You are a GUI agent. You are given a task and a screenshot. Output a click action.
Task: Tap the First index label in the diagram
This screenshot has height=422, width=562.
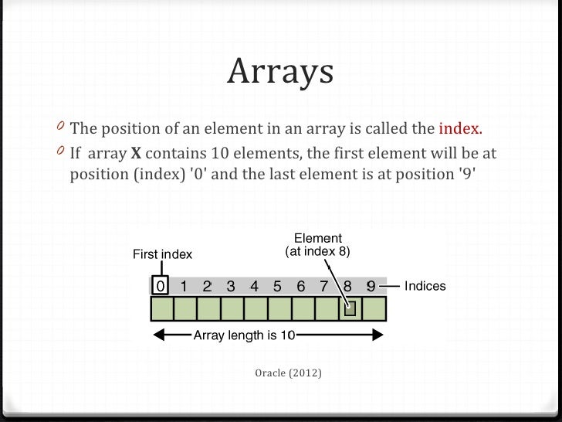pyautogui.click(x=164, y=253)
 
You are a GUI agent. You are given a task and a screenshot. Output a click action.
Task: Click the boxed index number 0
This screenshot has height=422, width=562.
pyautogui.click(x=160, y=286)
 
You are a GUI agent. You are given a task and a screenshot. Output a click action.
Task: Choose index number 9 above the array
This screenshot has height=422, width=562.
pyautogui.click(x=371, y=286)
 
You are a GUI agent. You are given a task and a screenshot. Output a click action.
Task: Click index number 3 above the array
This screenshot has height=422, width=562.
pyautogui.click(x=231, y=286)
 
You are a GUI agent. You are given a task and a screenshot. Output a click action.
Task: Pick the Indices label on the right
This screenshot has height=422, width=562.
pyautogui.click(x=425, y=286)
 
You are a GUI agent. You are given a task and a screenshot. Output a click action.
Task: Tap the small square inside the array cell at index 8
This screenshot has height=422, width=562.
pyautogui.click(x=350, y=310)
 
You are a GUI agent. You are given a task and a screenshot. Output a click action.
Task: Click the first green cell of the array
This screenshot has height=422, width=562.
pyautogui.click(x=161, y=310)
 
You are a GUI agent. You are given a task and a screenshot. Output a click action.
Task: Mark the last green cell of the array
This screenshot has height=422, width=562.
pyautogui.click(x=374, y=310)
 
